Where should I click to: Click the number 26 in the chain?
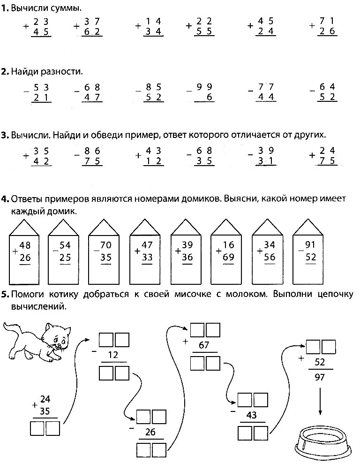click(x=151, y=432)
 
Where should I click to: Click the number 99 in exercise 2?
click(x=205, y=87)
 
